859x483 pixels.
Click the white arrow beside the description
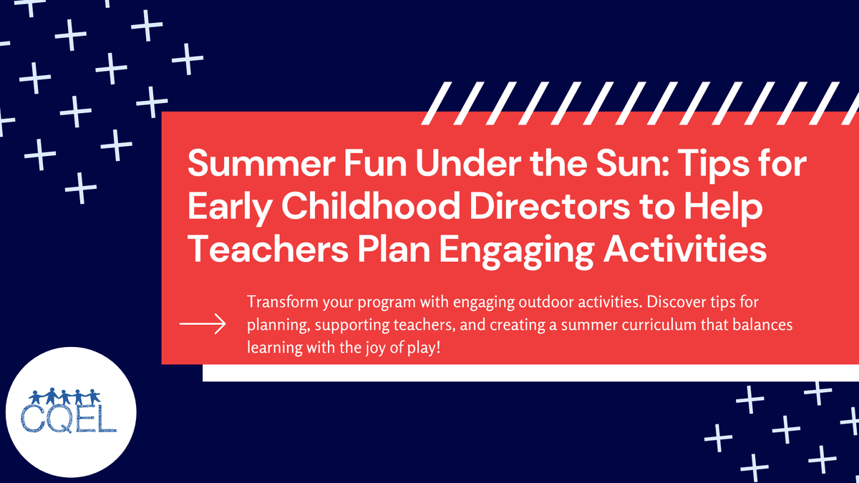pos(202,324)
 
